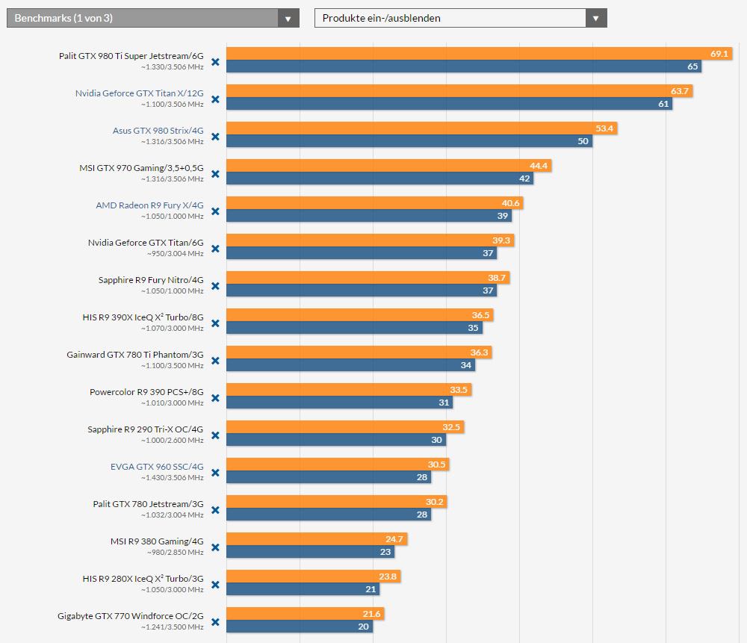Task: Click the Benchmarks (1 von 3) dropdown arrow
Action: click(288, 18)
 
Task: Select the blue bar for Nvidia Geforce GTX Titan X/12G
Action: click(449, 104)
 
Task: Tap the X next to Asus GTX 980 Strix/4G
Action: click(215, 137)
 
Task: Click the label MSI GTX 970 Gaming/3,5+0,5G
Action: click(141, 168)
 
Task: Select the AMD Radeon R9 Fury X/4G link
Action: click(149, 205)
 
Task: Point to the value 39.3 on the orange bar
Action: click(501, 240)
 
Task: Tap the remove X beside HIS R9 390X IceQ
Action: click(215, 323)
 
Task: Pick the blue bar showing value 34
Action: click(350, 365)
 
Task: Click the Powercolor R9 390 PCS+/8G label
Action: click(146, 392)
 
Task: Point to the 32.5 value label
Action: click(451, 427)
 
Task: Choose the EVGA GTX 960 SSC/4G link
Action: click(157, 467)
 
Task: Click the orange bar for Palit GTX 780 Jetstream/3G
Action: click(336, 502)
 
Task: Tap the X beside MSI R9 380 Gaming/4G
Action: click(215, 547)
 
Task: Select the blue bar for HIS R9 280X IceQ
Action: click(303, 589)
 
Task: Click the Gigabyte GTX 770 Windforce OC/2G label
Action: click(130, 616)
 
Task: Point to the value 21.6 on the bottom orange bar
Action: click(371, 614)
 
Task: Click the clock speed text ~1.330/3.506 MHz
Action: click(172, 66)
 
